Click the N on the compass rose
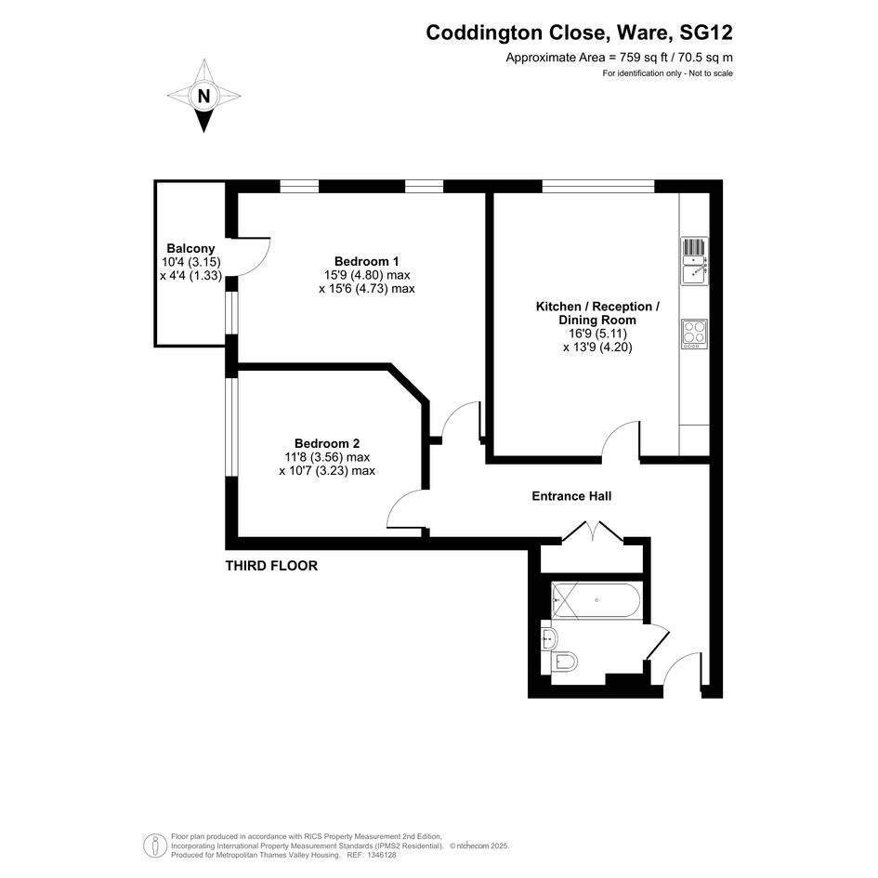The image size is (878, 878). point(203,97)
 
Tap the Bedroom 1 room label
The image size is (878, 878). point(367,261)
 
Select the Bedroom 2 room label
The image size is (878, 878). point(327,443)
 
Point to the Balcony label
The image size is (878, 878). point(191,248)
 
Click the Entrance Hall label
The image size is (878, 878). point(571,496)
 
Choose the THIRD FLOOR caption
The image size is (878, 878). point(271,566)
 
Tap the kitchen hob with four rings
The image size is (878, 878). point(694,334)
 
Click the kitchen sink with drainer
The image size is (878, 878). point(694,261)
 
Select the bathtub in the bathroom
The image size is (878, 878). point(596,600)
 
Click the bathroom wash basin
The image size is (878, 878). point(549,637)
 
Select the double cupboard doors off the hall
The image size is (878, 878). point(593,531)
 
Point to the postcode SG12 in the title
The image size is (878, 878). point(705,33)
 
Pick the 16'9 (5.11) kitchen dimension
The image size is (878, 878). point(597,334)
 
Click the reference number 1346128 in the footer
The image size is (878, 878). point(381,855)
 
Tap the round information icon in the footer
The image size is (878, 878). point(154,845)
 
